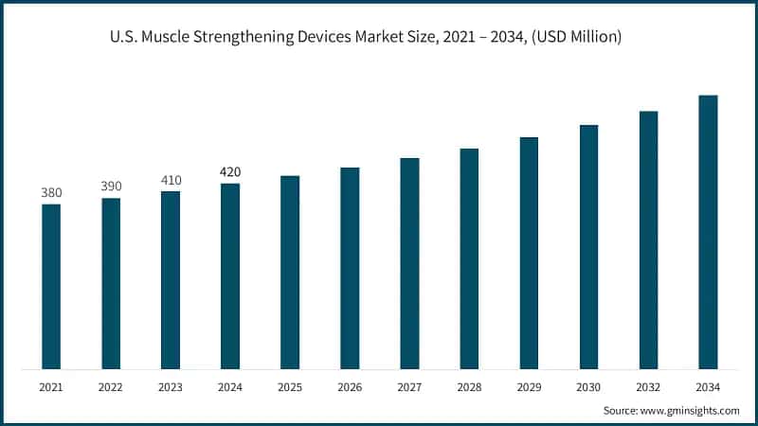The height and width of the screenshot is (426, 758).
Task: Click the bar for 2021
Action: [51, 286]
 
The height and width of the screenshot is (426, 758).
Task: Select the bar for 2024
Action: [230, 275]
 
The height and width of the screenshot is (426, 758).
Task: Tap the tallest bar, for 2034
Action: [708, 232]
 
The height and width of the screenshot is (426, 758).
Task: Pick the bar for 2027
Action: [409, 263]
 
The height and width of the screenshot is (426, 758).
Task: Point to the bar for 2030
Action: [588, 246]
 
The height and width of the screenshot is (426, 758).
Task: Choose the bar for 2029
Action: [529, 253]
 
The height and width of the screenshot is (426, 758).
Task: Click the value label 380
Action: [51, 193]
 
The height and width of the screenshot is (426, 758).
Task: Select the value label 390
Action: [111, 186]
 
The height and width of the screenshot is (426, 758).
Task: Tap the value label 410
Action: [171, 180]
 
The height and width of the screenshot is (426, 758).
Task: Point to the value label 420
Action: [230, 172]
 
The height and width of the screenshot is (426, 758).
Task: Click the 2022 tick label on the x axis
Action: [111, 388]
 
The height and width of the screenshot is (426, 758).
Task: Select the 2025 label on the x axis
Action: [290, 388]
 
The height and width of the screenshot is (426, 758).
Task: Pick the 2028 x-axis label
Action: [469, 388]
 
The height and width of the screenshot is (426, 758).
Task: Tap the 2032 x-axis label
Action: [648, 388]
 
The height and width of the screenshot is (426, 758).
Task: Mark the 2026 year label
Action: [350, 388]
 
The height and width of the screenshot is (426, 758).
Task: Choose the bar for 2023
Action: [171, 279]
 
